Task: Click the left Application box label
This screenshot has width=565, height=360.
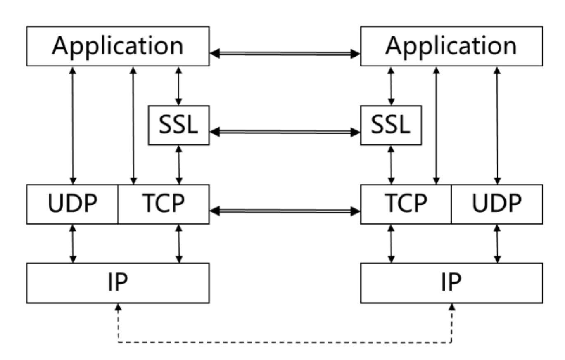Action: [117, 46]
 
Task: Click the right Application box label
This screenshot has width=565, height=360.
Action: [451, 46]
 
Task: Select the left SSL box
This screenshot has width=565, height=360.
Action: [178, 125]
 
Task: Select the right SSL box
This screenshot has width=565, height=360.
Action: [391, 125]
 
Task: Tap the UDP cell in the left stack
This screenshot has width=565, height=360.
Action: [72, 204]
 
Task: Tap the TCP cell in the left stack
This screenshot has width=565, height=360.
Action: [164, 204]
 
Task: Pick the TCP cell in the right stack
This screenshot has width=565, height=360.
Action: [406, 204]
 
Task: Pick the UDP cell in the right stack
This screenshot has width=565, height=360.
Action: [497, 204]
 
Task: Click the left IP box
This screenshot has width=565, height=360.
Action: [117, 283]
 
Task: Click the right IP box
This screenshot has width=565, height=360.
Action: [451, 283]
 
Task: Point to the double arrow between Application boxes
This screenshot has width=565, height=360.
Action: [285, 53]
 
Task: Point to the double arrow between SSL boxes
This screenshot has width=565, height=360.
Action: [285, 132]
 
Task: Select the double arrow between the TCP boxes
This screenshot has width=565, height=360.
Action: [285, 211]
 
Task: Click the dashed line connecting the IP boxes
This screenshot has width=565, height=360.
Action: [285, 342]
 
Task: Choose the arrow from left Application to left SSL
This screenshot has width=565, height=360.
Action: [179, 85]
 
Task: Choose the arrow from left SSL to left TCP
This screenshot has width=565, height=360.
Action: [179, 164]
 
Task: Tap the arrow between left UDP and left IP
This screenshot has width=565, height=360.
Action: [73, 244]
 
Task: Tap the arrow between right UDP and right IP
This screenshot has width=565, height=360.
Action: [497, 244]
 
